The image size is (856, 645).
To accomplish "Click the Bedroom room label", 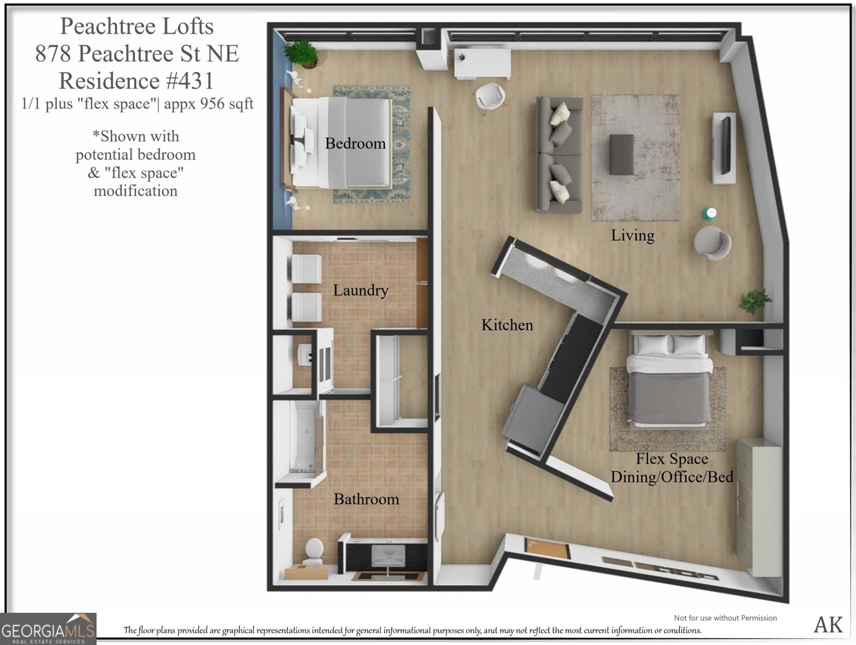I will pyautogui.click(x=355, y=144).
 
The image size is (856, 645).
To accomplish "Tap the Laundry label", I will pyautogui.click(x=360, y=290).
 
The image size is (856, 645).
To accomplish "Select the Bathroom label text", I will pyautogui.click(x=366, y=499).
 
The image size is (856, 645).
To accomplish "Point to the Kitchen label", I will pyautogui.click(x=507, y=325).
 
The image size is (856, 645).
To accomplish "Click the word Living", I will pyautogui.click(x=632, y=235).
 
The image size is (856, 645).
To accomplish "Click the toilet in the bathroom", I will pyautogui.click(x=313, y=550).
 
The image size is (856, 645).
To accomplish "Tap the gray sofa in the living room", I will pyautogui.click(x=559, y=155).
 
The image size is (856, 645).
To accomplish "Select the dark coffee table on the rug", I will pyautogui.click(x=622, y=154).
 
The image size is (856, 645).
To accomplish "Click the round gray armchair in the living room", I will pyautogui.click(x=712, y=243).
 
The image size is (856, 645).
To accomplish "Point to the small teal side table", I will pyautogui.click(x=710, y=214).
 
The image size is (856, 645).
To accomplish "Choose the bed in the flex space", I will pyautogui.click(x=669, y=382).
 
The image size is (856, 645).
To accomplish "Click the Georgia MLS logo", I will pyautogui.click(x=48, y=629).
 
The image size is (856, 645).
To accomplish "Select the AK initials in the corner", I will pyautogui.click(x=828, y=625).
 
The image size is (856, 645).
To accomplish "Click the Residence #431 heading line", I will pyautogui.click(x=136, y=81).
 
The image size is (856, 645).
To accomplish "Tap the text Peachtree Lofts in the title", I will pyautogui.click(x=136, y=26).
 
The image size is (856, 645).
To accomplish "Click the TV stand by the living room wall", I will pyautogui.click(x=724, y=148).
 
